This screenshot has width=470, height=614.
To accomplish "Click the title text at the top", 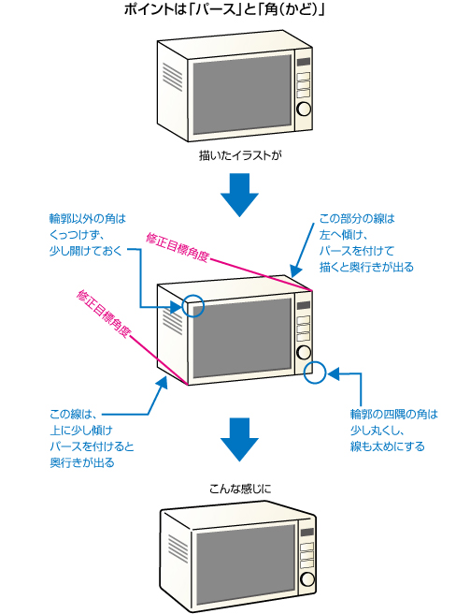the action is pos(224,9).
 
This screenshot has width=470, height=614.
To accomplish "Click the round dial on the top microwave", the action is pos(304,109).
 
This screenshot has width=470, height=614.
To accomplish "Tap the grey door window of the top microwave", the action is pos(242,94).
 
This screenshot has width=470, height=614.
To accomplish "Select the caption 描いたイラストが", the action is pos(240,155).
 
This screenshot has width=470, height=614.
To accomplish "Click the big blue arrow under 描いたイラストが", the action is pos(240,195).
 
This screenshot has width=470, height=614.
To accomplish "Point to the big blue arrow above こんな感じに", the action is pos(240,439).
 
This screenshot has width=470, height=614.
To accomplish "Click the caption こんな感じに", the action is pos(240,490).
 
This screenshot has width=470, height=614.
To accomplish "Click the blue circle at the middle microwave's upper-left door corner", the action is pos(193,306).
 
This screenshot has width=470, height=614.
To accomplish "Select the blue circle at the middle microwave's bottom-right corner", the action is pos(315,372).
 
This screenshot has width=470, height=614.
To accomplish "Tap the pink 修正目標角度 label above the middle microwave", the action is pos(178,247).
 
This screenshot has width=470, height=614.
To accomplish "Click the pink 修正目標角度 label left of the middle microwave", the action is pos(103,314).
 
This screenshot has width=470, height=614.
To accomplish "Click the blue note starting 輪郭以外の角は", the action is pos(88,235).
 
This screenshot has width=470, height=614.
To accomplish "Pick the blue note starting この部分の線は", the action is pos(366,242).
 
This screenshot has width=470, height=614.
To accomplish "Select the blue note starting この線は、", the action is pos(92,438).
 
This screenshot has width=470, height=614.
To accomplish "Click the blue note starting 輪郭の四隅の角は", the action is pos(393,430).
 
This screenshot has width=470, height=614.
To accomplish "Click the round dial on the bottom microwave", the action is pos(306,578).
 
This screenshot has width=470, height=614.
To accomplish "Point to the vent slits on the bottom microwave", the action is pos(178,548).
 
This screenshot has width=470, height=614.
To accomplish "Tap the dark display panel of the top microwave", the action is pos(304,62).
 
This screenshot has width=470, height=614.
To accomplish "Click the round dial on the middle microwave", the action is pos(304,353).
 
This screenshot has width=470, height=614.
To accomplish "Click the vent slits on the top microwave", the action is pos(172,77).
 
